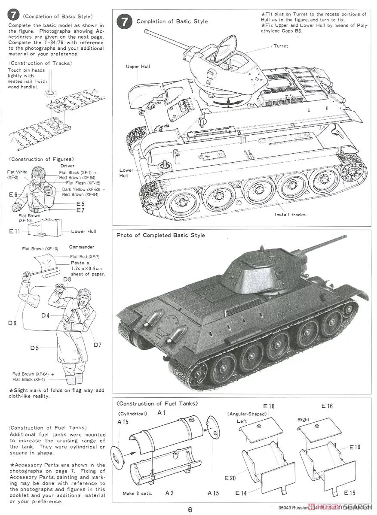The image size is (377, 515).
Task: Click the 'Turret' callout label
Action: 281,46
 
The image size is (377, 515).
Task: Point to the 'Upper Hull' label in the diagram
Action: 137,67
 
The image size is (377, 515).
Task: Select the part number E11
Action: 15,231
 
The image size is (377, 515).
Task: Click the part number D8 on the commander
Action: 67,279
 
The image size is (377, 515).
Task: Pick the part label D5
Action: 34,348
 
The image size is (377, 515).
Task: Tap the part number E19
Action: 355,447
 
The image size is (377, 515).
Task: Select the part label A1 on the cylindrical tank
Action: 162,412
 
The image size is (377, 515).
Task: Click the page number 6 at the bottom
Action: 190,510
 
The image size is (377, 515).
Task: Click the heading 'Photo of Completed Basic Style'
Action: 161,235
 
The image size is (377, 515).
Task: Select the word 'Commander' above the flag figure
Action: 81,247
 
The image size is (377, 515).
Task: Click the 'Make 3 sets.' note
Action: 137,493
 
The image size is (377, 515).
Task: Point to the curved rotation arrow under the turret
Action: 227,102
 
